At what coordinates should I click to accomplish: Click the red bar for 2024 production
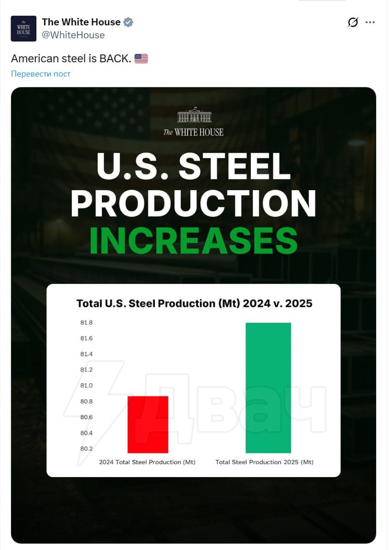click(x=147, y=424)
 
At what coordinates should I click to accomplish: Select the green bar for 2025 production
click(x=268, y=388)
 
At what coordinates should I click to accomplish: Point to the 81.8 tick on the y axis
click(x=86, y=323)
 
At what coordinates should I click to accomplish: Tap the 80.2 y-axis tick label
click(x=86, y=448)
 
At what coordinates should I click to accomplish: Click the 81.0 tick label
click(x=86, y=386)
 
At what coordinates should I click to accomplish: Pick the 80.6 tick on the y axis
click(x=86, y=417)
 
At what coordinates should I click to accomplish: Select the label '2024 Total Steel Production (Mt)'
click(x=147, y=462)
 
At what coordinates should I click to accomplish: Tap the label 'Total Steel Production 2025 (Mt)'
click(x=265, y=462)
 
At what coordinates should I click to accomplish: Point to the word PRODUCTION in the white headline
click(x=194, y=203)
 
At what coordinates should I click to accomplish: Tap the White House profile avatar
click(x=24, y=29)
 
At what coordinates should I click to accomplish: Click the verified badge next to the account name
click(x=128, y=22)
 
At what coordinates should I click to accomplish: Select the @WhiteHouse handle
click(x=73, y=35)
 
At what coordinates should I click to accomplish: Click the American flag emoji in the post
click(x=141, y=59)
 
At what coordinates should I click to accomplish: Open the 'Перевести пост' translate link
click(x=41, y=74)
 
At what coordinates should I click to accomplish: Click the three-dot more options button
click(x=370, y=22)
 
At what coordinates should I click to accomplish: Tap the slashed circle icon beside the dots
click(x=353, y=22)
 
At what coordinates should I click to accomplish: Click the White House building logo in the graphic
click(x=194, y=116)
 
